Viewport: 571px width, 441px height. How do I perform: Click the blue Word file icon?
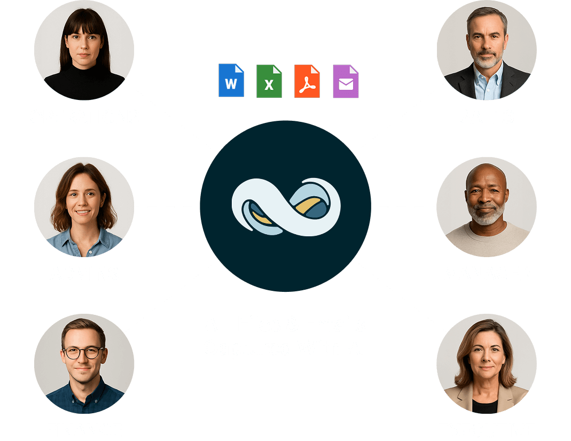point(231,81)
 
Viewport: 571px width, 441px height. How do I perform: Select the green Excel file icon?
point(269,81)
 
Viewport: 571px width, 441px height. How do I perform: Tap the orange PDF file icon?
point(307,81)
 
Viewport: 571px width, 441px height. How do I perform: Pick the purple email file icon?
point(346,81)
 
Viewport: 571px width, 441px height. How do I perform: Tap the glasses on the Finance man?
point(84,352)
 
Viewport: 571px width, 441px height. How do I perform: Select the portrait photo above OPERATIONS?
point(84,50)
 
